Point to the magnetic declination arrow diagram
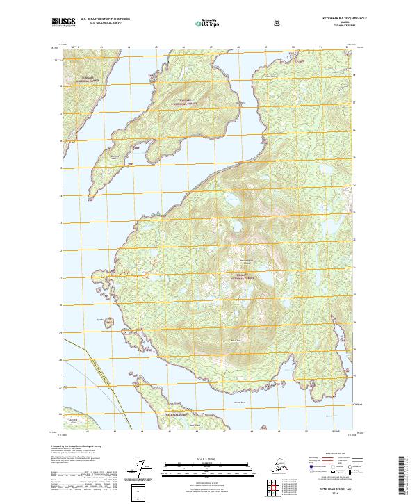click(x=145, y=469)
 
